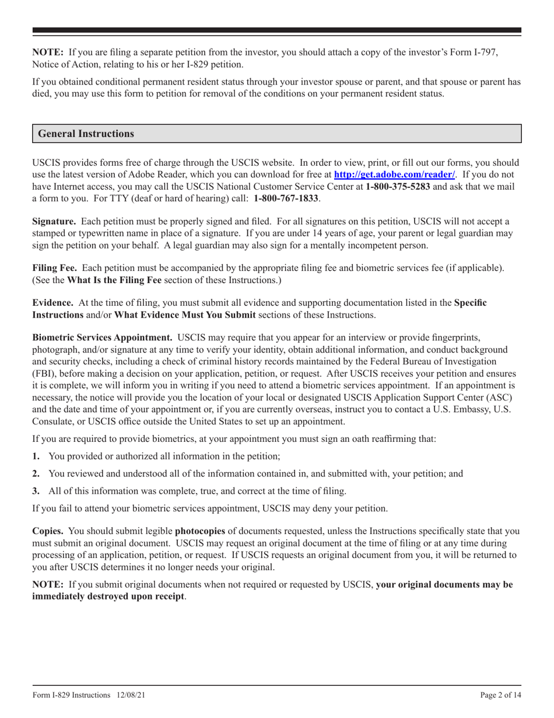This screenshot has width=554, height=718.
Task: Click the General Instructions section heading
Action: coord(86,134)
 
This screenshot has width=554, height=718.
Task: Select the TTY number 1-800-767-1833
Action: coord(286,198)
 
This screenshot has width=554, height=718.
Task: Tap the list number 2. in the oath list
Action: coord(36,474)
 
